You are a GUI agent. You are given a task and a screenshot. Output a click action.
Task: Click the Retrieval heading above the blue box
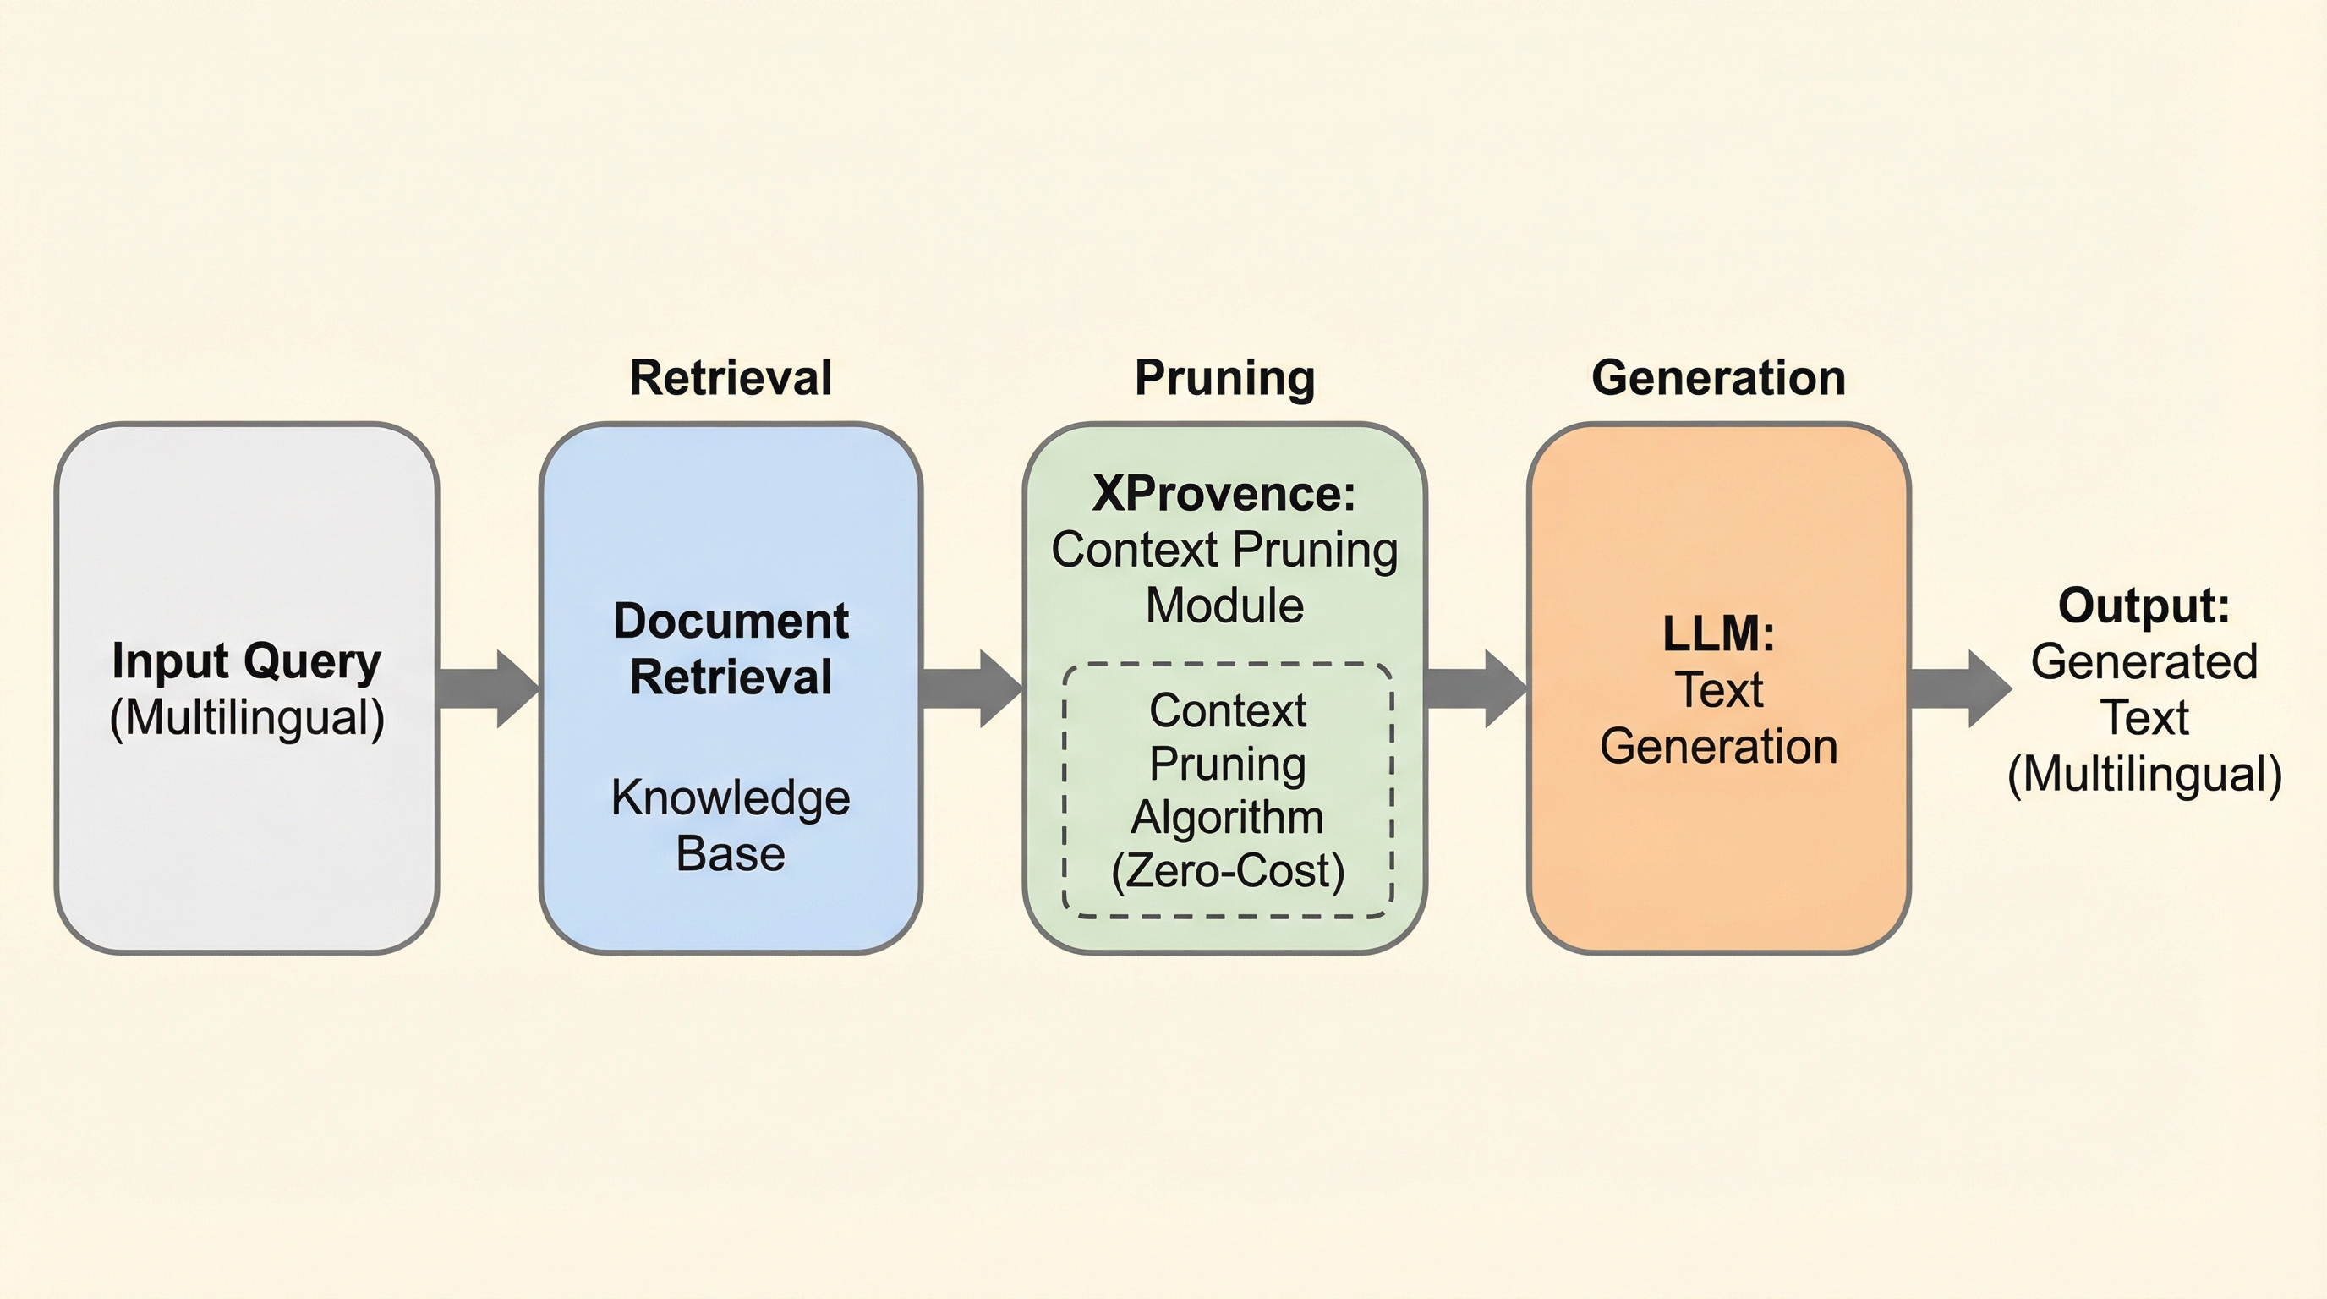coord(730,377)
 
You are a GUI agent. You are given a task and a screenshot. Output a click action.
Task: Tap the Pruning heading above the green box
coord(1224,377)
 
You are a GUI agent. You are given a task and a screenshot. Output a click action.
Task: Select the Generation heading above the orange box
coord(1718,377)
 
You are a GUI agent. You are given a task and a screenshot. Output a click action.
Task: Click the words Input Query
coord(247,661)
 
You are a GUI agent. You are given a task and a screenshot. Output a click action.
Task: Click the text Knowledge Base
coord(730,825)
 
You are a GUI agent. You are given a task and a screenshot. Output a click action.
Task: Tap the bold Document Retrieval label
coord(730,649)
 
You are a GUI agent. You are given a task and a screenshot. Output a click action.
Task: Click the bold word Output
coord(2143,606)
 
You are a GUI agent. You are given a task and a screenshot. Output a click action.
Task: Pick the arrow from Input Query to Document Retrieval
coord(488,688)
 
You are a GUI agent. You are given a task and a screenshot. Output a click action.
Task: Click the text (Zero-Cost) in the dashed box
coord(1228,871)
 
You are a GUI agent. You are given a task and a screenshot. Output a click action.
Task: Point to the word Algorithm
coord(1228,818)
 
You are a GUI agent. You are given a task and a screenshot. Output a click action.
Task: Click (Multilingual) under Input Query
coord(247,718)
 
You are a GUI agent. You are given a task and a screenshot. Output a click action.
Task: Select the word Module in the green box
coord(1224,606)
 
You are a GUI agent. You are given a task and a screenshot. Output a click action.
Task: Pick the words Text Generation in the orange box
coord(1718,718)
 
